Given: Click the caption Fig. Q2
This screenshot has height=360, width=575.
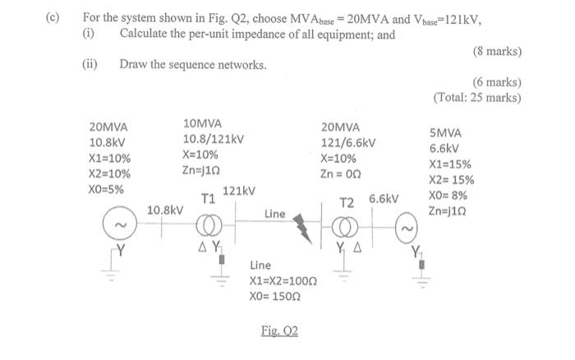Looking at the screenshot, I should coord(279,330).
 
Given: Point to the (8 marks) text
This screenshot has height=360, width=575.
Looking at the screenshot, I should coord(498,51).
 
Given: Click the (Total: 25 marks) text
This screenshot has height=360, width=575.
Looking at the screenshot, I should coord(477,97).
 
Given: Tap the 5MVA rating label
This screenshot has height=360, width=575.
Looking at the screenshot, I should coord(444,133).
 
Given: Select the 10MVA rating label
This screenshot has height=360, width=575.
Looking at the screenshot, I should coord(203,123).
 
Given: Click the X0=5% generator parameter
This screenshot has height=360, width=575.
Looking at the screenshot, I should coord(107,189).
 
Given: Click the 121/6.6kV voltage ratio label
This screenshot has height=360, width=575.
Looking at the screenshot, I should coord(348,142).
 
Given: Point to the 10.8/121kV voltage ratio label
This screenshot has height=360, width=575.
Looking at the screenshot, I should coord(213,139).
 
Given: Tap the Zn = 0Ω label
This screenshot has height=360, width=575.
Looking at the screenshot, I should coord(341,173).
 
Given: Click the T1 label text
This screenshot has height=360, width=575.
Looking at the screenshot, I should coord(209,198).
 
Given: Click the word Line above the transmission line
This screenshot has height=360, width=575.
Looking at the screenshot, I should coord(274,214).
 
